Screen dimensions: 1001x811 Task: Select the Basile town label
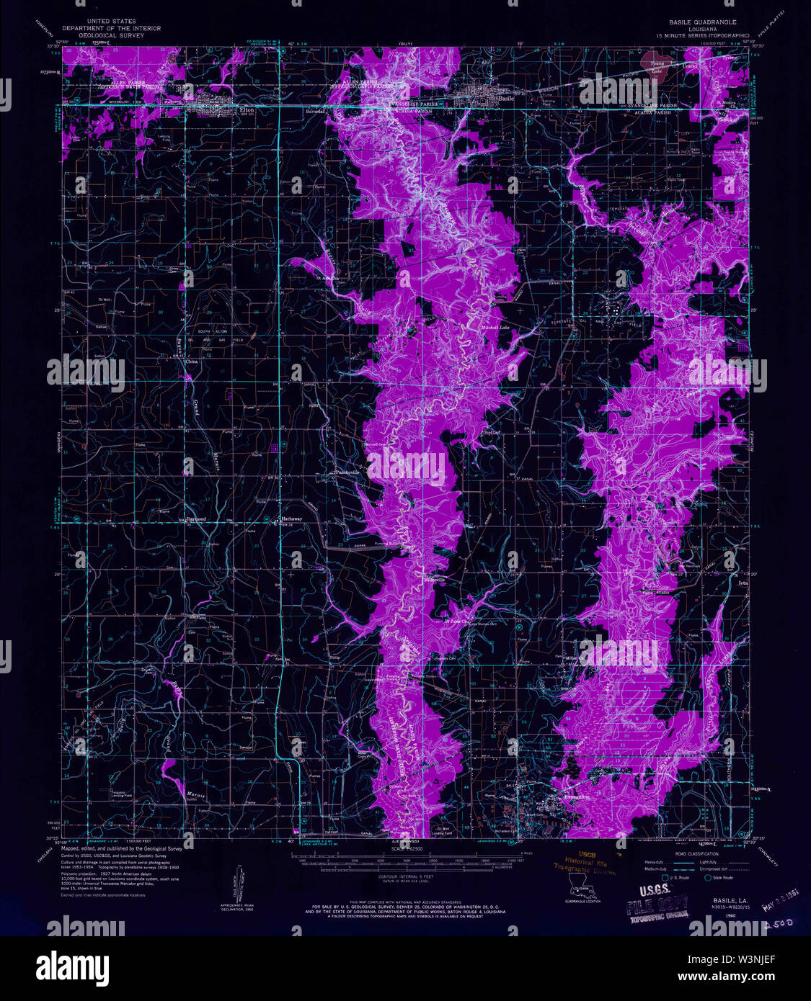click(506, 98)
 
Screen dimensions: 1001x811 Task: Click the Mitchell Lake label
click(495, 328)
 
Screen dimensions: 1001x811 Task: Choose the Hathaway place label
click(292, 519)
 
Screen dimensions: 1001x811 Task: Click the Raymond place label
click(196, 519)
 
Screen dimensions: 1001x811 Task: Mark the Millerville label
click(435, 579)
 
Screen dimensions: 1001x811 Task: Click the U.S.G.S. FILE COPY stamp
click(656, 908)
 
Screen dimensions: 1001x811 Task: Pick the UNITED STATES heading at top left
click(111, 22)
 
